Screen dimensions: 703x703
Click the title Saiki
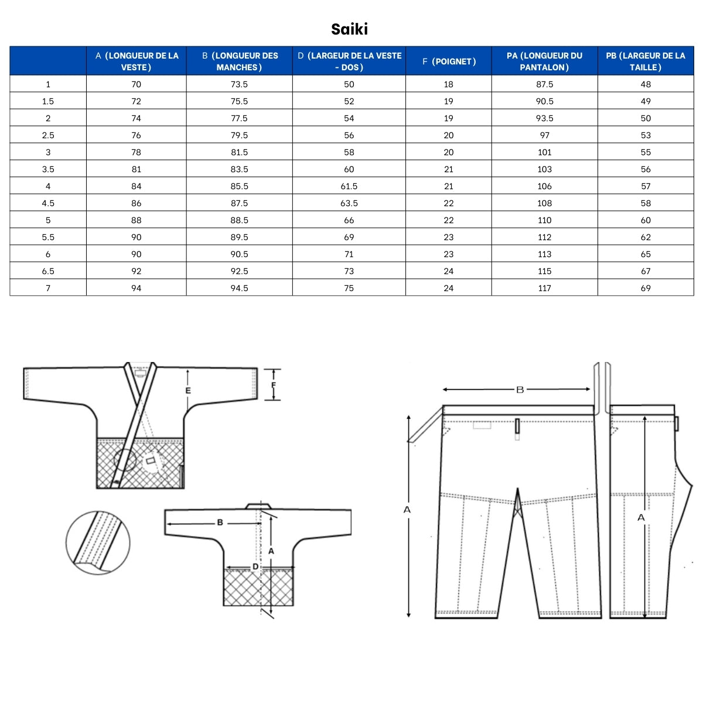349,29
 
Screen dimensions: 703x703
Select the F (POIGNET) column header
448,62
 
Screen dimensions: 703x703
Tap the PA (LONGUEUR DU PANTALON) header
544,62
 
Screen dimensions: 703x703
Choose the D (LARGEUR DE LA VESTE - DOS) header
349,62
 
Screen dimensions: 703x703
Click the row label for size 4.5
48,203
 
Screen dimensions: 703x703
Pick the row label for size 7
48,288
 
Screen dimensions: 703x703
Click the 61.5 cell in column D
349,186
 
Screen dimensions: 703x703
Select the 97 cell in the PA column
544,135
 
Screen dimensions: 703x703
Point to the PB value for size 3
646,152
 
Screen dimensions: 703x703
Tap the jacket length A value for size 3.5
136,169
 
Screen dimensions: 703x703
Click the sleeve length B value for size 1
239,84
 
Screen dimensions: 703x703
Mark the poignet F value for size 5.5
448,237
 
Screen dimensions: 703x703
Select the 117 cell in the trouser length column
544,288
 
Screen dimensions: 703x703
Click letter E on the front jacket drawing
187,391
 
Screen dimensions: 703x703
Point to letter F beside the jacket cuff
273,385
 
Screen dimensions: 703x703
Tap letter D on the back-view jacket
255,567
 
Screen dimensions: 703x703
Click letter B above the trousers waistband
519,390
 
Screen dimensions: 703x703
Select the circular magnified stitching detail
98,542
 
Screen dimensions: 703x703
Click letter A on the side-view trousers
641,517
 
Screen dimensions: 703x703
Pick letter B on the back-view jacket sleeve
220,523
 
